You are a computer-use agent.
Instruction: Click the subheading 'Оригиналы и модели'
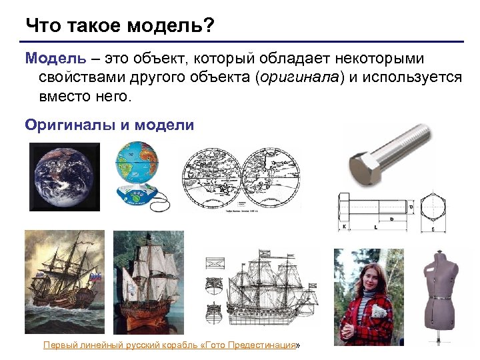click(x=109, y=125)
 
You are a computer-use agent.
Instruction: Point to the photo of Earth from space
click(x=63, y=177)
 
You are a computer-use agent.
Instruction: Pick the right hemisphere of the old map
click(x=269, y=177)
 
